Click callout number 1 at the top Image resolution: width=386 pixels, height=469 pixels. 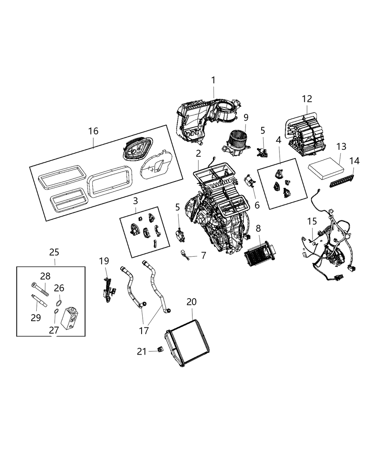click(213, 80)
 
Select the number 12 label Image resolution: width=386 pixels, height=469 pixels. click(307, 99)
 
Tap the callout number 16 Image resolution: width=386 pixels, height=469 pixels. click(93, 131)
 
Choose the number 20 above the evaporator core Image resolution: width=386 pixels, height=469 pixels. click(192, 302)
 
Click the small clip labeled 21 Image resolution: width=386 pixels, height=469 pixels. click(160, 349)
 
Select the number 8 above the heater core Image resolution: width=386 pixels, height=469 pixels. click(258, 228)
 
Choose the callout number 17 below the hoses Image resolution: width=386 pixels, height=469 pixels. click(144, 330)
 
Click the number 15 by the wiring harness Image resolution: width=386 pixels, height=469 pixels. click(312, 221)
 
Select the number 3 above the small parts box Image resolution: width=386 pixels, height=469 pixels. click(135, 201)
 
